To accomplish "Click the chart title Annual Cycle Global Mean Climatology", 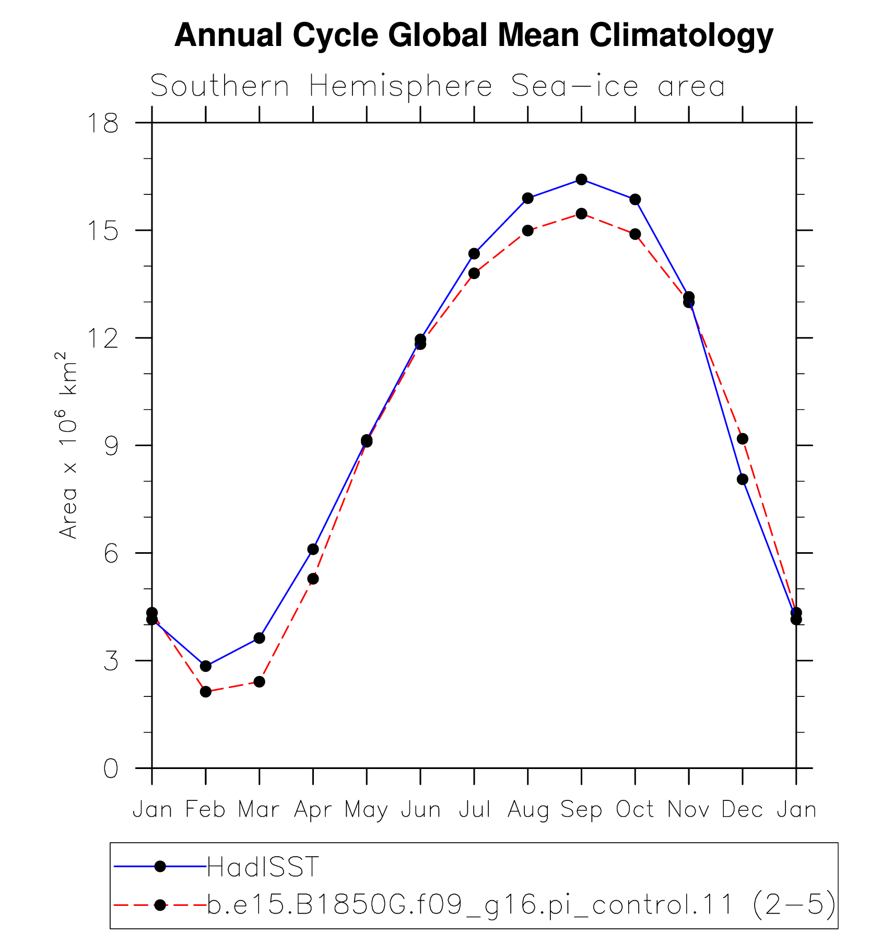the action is pyautogui.click(x=474, y=36).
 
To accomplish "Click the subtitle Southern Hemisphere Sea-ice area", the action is pyautogui.click(x=438, y=86).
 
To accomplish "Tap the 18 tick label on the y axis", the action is pyautogui.click(x=103, y=123).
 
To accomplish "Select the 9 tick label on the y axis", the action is pyautogui.click(x=111, y=446).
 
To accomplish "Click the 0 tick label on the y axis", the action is pyautogui.click(x=111, y=768).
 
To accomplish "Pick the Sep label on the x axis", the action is pyautogui.click(x=581, y=809).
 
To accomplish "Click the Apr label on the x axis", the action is pyautogui.click(x=313, y=809).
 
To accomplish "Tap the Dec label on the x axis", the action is pyautogui.click(x=742, y=809).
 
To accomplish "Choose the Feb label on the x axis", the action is pyautogui.click(x=205, y=809).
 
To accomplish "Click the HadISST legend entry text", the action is pyautogui.click(x=263, y=867).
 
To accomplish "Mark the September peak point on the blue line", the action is pyautogui.click(x=581, y=179).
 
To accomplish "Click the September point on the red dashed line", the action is pyautogui.click(x=581, y=214).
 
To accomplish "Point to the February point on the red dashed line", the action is pyautogui.click(x=206, y=692).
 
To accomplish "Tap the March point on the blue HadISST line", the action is pyautogui.click(x=260, y=638).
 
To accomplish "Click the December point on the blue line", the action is pyautogui.click(x=743, y=479).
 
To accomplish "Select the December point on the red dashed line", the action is pyautogui.click(x=743, y=439).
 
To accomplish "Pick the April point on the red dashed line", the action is pyautogui.click(x=313, y=579).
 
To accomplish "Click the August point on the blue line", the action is pyautogui.click(x=527, y=198).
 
